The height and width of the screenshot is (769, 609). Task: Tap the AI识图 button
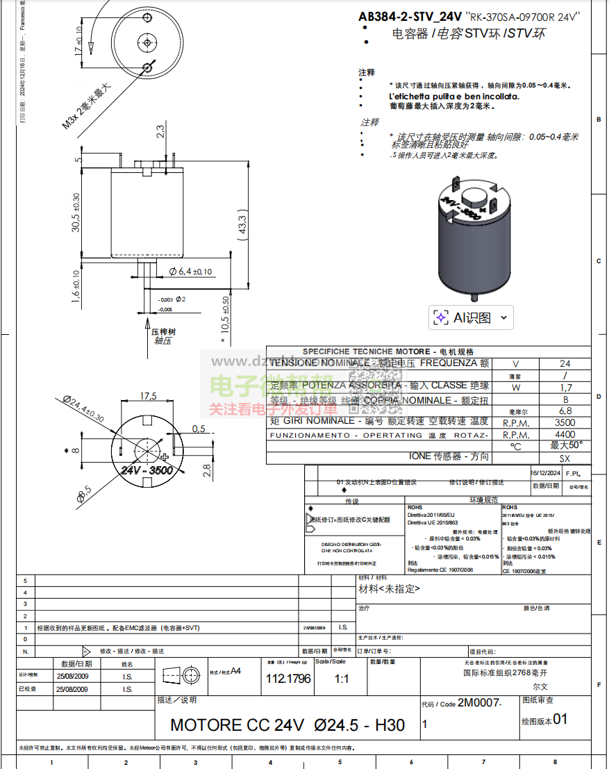click(471, 317)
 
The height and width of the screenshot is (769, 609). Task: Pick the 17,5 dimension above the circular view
click(149, 396)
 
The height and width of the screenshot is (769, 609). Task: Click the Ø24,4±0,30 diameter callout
click(83, 410)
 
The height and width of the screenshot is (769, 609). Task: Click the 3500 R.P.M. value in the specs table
click(565, 422)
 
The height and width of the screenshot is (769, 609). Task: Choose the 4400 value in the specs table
click(565, 435)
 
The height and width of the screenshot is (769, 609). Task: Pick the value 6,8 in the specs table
click(565, 411)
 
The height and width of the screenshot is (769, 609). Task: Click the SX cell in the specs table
click(565, 458)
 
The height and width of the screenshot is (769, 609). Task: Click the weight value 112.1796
click(288, 679)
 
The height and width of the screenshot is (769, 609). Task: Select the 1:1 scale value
click(342, 679)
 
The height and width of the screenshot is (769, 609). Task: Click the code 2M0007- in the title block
click(479, 704)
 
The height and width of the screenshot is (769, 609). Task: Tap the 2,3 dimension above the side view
click(160, 130)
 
